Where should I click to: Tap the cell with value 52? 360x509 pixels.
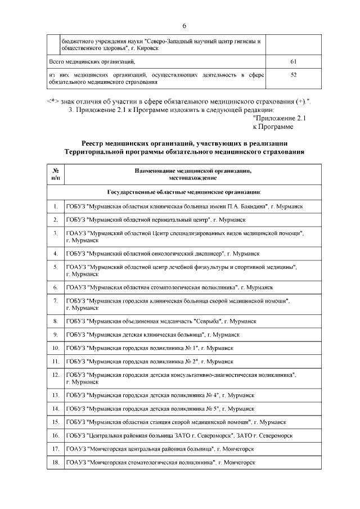click(293, 75)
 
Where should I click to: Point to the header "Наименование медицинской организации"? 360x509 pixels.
click(192, 170)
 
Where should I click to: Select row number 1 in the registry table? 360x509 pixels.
click(56, 207)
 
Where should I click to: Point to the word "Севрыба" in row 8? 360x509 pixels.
click(206, 321)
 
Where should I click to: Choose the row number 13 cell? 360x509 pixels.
click(56, 395)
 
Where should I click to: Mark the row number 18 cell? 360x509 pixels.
click(56, 462)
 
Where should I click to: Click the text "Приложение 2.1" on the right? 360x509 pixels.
click(279, 119)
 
